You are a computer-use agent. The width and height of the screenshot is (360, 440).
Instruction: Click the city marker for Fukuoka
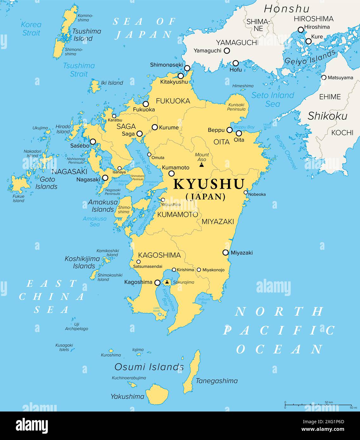(x=146, y=104)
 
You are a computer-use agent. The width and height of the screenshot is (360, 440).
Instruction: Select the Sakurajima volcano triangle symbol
(x=167, y=281)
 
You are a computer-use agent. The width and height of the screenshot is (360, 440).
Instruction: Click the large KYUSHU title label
(x=209, y=184)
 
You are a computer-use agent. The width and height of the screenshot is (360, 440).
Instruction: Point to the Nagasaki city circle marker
(x=105, y=178)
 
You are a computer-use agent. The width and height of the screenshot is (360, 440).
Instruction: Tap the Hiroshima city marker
(x=301, y=30)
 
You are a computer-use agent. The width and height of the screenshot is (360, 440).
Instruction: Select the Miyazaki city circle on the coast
(x=225, y=252)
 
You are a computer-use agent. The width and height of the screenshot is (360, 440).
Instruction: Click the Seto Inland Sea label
(x=273, y=99)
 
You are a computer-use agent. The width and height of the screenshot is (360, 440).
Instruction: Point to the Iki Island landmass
(x=95, y=85)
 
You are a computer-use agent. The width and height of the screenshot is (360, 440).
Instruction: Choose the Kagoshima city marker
(x=157, y=282)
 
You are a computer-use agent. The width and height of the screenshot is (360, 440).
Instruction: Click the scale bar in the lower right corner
(x=318, y=405)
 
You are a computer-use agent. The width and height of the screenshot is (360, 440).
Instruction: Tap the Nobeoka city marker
(x=246, y=192)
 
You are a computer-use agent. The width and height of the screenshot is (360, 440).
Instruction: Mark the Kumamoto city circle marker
(x=171, y=173)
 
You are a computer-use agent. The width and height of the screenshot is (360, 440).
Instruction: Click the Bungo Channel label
(x=286, y=152)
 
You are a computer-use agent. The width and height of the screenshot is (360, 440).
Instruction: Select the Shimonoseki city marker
(x=187, y=68)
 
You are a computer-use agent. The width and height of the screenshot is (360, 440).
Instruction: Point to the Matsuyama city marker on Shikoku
(x=324, y=77)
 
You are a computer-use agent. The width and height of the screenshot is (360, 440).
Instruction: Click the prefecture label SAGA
(x=126, y=126)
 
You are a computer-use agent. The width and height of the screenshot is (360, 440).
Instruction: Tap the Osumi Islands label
(x=149, y=367)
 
